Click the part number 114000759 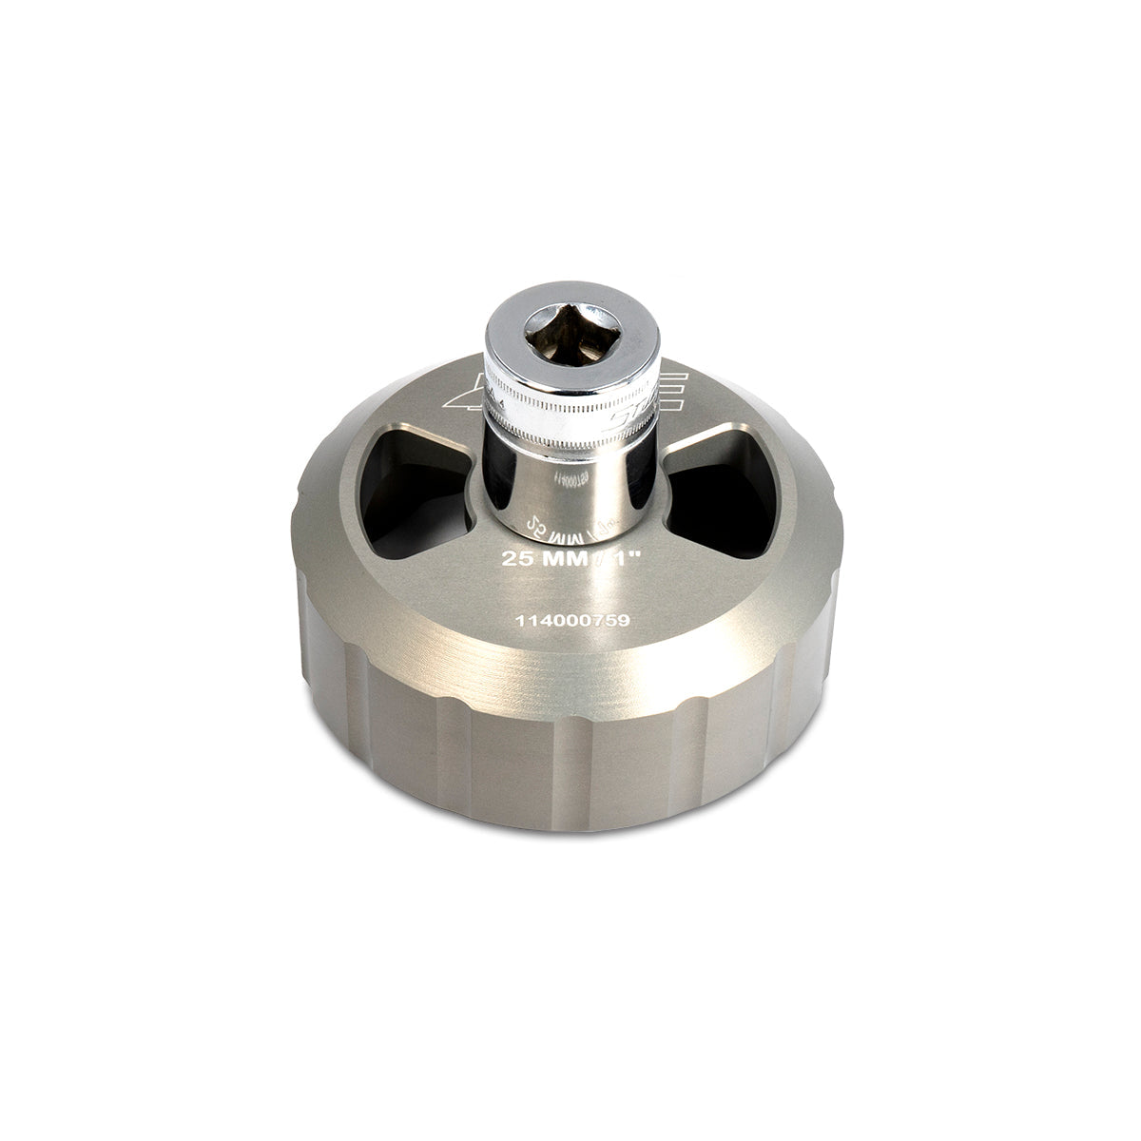click(x=571, y=618)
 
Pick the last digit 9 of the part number click(x=624, y=618)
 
